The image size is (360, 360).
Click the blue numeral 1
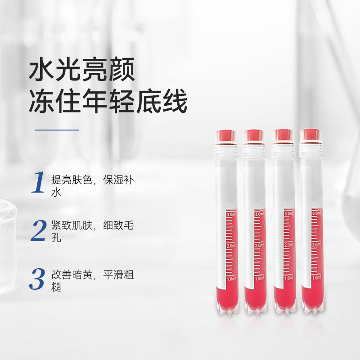[38, 182]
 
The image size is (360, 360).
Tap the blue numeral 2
[38, 230]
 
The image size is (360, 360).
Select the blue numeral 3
[37, 279]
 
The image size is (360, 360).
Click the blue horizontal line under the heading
[57, 130]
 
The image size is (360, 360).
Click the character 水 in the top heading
[42, 69]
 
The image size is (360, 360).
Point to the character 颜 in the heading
[122, 69]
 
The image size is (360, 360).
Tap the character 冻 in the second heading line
[42, 100]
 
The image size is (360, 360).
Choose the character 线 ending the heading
[175, 100]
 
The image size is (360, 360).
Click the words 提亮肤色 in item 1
[72, 180]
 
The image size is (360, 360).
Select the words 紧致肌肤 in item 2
[72, 225]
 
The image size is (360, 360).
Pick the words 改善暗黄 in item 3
[72, 274]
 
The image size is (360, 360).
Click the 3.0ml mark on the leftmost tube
[231, 215]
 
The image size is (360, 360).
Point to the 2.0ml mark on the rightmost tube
[316, 244]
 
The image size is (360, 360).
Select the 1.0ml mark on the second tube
[260, 279]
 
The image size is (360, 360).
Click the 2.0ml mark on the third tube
[288, 245]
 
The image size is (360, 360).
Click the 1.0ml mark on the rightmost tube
[316, 278]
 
